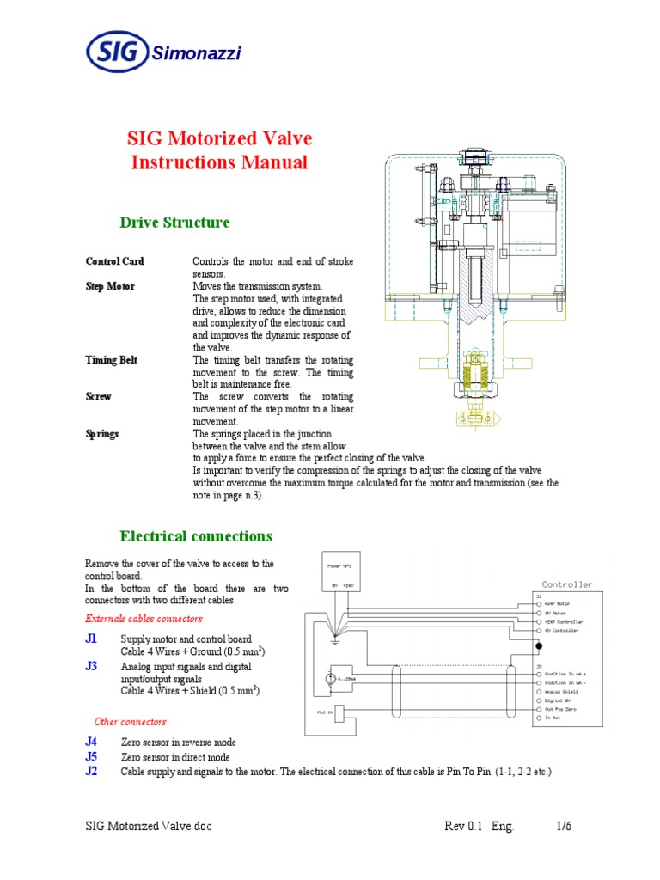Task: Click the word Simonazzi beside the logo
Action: (197, 55)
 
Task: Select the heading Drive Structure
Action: (174, 223)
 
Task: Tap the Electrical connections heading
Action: (196, 536)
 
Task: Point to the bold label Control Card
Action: (114, 261)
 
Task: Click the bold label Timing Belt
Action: (111, 360)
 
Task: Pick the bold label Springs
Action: (102, 434)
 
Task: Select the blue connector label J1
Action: (91, 639)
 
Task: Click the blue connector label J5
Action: (91, 757)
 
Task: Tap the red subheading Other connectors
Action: (130, 721)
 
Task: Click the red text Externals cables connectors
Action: (144, 619)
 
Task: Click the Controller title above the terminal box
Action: (566, 584)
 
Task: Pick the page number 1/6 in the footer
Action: (564, 826)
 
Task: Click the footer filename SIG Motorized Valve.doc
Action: (148, 826)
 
